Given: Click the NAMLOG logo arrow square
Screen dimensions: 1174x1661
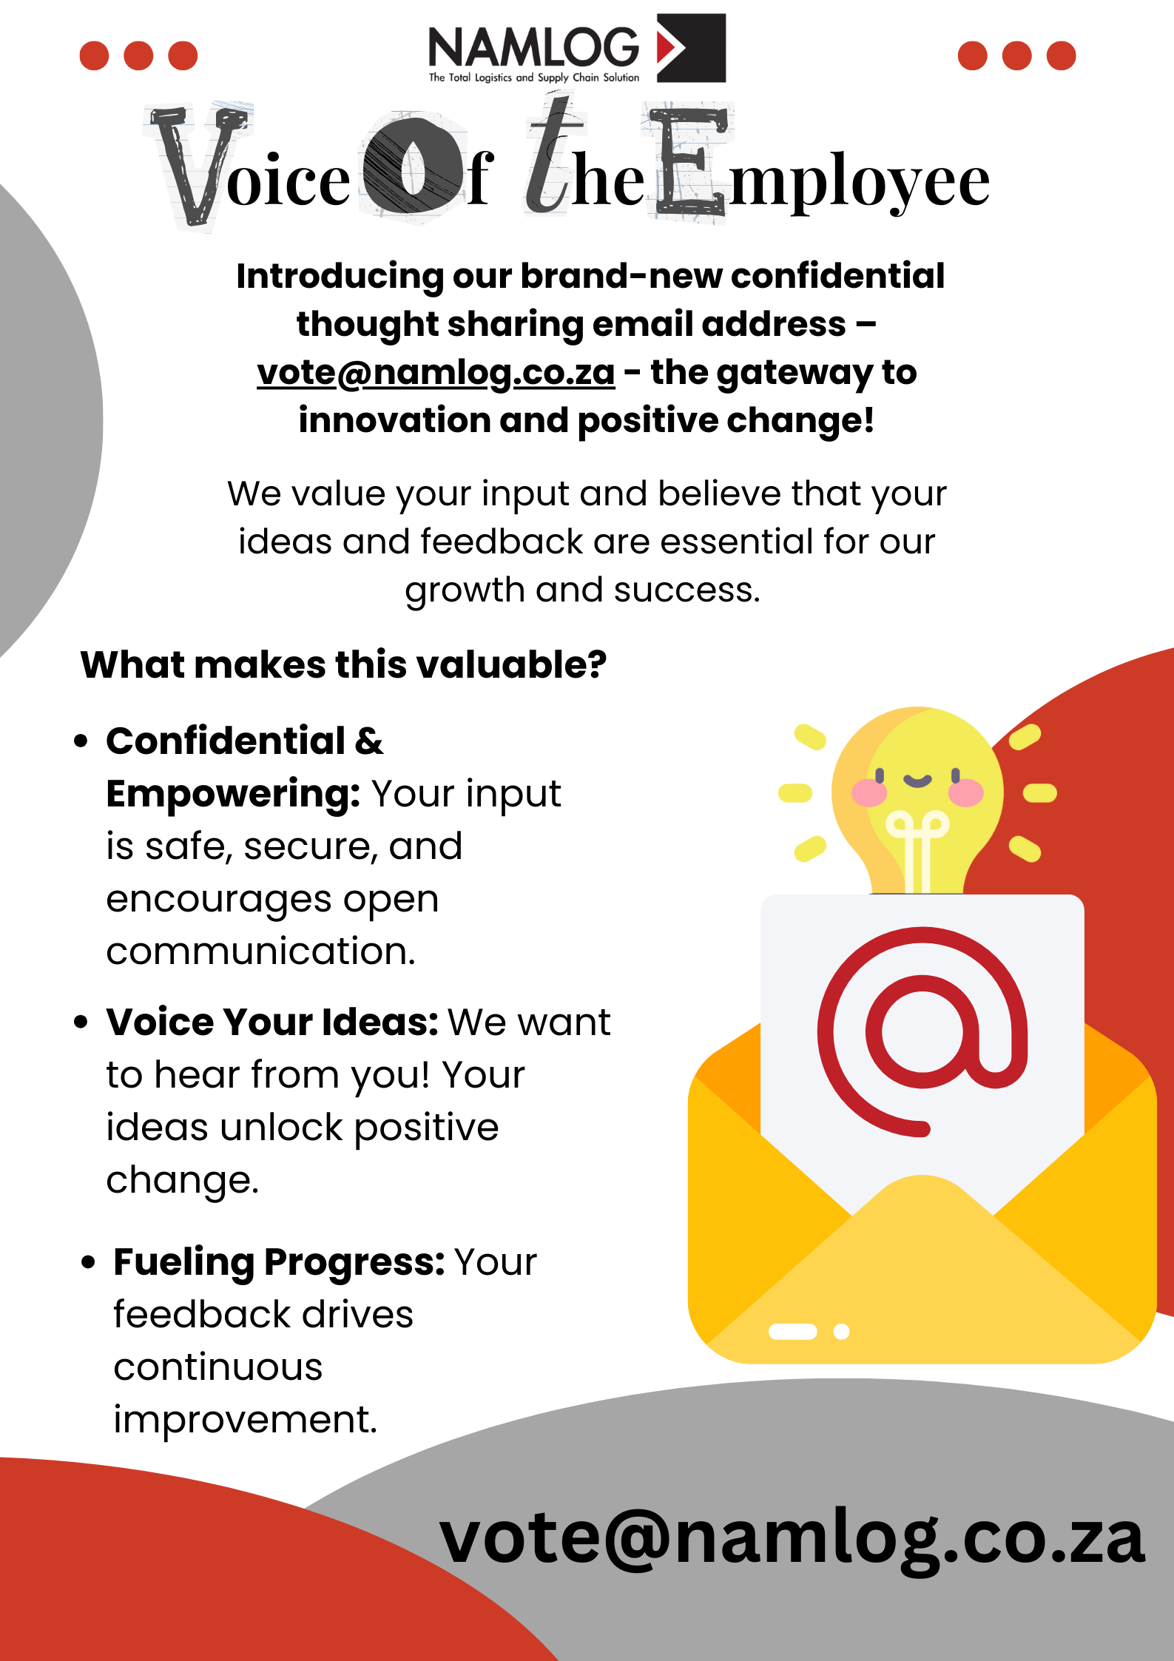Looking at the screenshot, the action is (691, 47).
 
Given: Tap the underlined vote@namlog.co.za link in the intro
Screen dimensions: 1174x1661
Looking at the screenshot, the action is (436, 373).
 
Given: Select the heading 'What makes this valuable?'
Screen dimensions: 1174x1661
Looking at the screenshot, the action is (343, 664).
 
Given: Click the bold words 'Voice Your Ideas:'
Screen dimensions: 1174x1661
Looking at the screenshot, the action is (272, 1022).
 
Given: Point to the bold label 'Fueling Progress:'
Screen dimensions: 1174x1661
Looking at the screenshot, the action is (279, 1262).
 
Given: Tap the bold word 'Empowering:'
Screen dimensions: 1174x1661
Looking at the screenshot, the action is (233, 794).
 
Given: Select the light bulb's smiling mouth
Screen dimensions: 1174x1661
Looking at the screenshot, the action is (917, 781).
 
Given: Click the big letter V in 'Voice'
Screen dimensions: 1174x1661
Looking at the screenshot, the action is (197, 166).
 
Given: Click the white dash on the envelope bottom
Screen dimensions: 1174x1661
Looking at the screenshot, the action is (792, 1332).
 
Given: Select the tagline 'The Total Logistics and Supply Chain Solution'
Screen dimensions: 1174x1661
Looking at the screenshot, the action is (534, 78).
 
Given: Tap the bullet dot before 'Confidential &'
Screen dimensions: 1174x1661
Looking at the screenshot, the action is (81, 741).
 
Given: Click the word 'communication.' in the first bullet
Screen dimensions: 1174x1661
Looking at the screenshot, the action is (261, 951).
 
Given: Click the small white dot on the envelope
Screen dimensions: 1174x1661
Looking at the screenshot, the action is (841, 1332).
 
